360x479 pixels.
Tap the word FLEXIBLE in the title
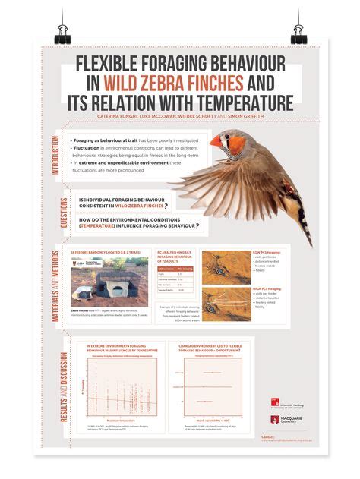click(x=109, y=64)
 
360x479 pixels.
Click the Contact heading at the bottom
click(x=267, y=437)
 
